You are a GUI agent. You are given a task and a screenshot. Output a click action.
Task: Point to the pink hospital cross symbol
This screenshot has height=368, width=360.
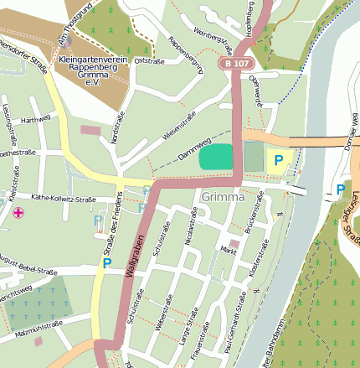click(x=18, y=213)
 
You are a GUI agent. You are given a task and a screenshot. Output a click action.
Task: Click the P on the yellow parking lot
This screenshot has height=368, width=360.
click(x=279, y=158)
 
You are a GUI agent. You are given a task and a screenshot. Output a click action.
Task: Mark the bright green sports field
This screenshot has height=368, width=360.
click(x=217, y=156)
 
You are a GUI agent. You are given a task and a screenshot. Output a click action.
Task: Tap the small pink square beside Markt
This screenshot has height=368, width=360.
click(x=234, y=244)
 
